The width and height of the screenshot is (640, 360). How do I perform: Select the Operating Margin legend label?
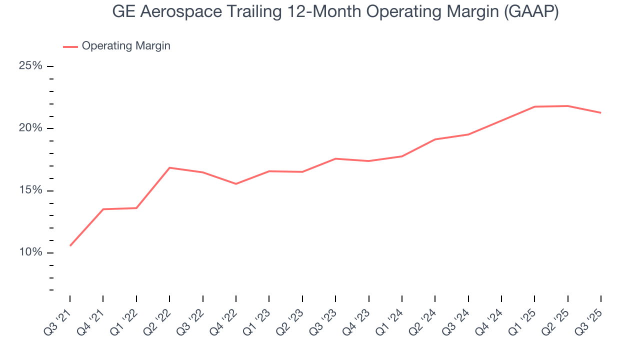pyautogui.click(x=126, y=46)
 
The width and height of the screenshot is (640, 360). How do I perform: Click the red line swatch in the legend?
pyautogui.click(x=70, y=46)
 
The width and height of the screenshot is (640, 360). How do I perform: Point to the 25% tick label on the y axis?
pyautogui.click(x=30, y=66)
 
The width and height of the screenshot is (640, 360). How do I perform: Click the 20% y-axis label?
pyautogui.click(x=30, y=128)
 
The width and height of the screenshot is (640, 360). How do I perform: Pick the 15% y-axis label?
pyautogui.click(x=30, y=190)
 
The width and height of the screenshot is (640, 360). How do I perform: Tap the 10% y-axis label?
pyautogui.click(x=30, y=252)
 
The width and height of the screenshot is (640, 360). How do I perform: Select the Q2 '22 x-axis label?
pyautogui.click(x=159, y=319)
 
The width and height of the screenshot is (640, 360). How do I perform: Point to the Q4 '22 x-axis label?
pyautogui.click(x=226, y=319)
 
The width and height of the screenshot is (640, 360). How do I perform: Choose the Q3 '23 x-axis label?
pyautogui.click(x=325, y=319)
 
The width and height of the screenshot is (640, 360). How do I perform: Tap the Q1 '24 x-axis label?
pyautogui.click(x=392, y=319)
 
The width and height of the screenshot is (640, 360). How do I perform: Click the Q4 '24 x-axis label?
pyautogui.click(x=491, y=319)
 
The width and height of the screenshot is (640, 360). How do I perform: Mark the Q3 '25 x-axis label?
pyautogui.click(x=591, y=319)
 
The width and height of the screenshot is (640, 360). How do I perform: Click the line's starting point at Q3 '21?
pyautogui.click(x=70, y=245)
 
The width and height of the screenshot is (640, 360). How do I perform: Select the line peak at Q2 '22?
pyautogui.click(x=169, y=167)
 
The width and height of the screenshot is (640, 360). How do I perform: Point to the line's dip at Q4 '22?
pyautogui.click(x=236, y=184)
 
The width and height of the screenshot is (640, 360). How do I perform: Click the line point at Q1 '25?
pyautogui.click(x=534, y=106)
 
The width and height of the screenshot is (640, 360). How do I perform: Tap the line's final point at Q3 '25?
pyautogui.click(x=600, y=112)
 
